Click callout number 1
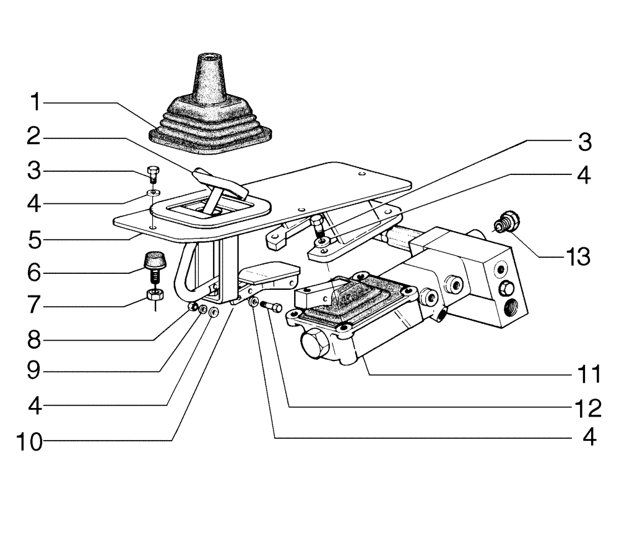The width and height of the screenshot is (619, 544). pyautogui.click(x=37, y=102)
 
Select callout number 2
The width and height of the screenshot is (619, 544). pyautogui.click(x=37, y=137)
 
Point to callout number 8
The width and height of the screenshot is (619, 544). pyautogui.click(x=37, y=339)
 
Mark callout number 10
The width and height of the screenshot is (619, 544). pyautogui.click(x=29, y=441)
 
